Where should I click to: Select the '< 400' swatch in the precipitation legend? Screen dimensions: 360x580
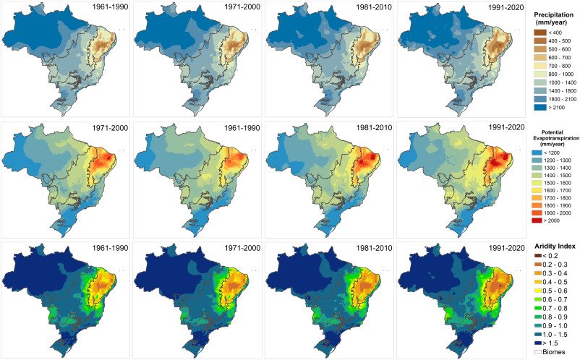(540, 32)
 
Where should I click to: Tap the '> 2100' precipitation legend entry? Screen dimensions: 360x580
(540, 107)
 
